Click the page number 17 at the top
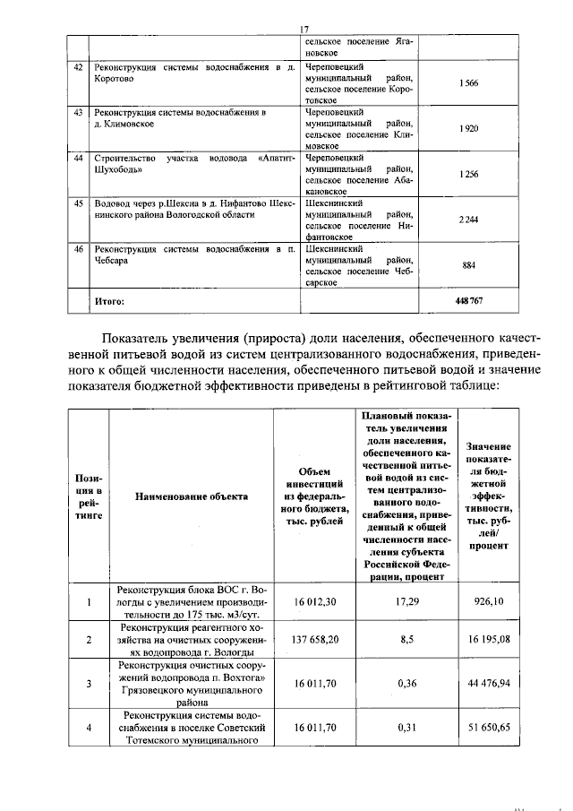click(304, 29)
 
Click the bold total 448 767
click(468, 302)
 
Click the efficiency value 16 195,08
click(489, 641)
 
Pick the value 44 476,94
click(489, 684)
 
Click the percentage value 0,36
click(406, 684)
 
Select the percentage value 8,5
click(406, 641)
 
